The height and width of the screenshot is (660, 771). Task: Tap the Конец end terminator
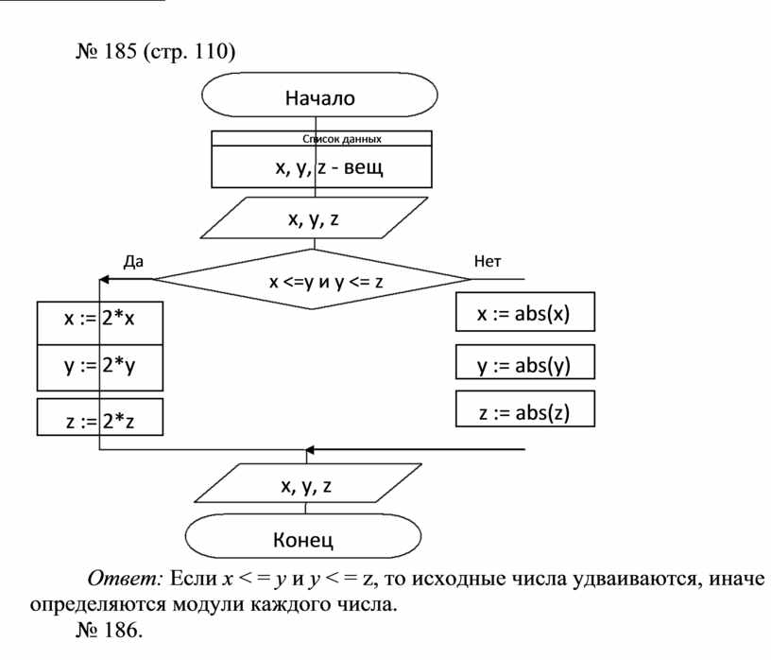tap(303, 540)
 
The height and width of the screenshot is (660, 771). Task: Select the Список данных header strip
tap(320, 138)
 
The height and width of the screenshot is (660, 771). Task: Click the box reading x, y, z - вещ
tap(320, 168)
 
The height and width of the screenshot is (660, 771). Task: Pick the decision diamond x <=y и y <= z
tap(313, 281)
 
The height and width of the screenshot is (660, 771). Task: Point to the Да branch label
tap(133, 261)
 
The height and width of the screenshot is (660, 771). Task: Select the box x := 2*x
tap(99, 321)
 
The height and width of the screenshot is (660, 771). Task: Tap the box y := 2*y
tap(99, 367)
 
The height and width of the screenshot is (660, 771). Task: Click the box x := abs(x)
tap(525, 313)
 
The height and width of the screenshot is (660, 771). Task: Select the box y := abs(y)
tap(525, 364)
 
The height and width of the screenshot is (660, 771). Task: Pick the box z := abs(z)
tap(525, 409)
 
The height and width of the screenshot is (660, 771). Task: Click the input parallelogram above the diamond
tap(313, 219)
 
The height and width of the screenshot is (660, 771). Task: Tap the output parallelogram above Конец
tap(304, 487)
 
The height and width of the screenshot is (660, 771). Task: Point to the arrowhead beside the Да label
tap(105, 280)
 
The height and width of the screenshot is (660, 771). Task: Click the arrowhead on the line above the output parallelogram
tap(312, 450)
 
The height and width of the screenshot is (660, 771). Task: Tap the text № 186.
tap(109, 628)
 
